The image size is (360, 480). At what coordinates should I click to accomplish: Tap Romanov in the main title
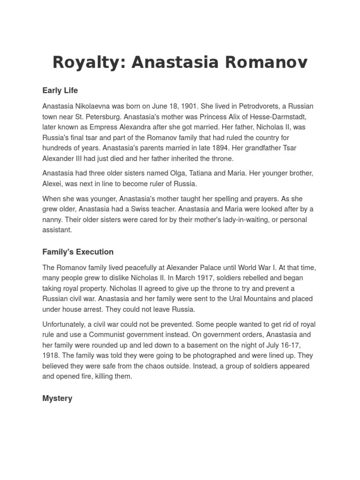click(265, 62)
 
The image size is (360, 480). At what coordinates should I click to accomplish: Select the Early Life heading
click(60, 90)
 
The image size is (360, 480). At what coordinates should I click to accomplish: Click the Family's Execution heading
click(78, 252)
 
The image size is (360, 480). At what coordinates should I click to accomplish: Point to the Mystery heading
click(57, 398)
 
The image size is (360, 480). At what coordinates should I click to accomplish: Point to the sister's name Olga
click(194, 173)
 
